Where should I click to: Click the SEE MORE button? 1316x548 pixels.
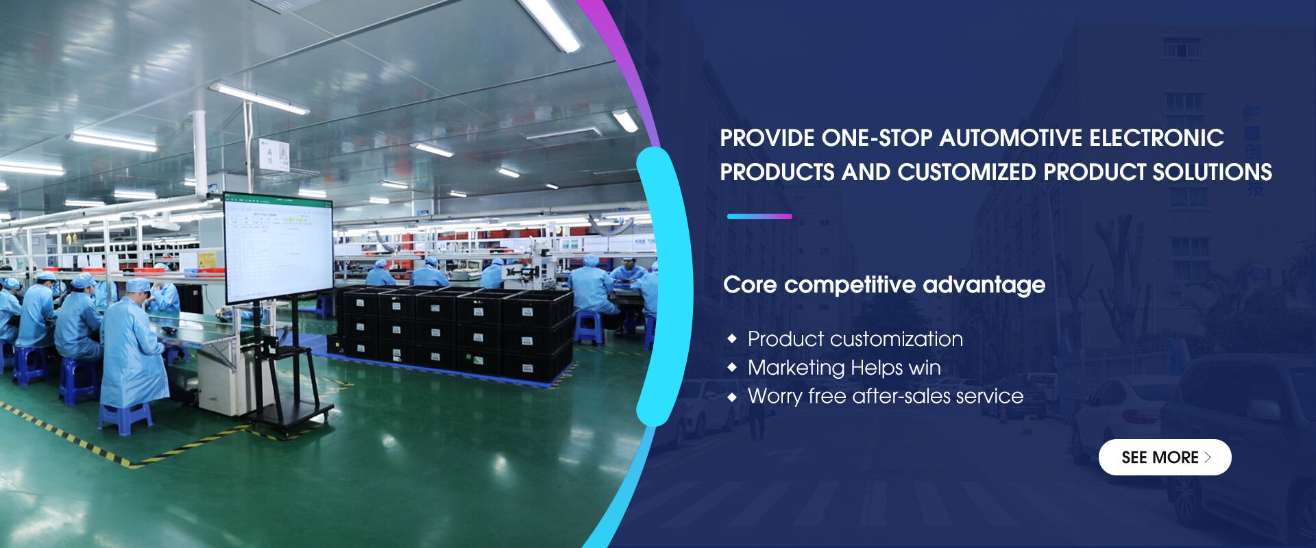pyautogui.click(x=1165, y=457)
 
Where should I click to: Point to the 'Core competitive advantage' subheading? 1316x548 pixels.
pyautogui.click(x=884, y=284)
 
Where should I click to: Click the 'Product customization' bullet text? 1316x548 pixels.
pyautogui.click(x=855, y=338)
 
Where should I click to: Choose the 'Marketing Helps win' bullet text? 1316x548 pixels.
pyautogui.click(x=844, y=368)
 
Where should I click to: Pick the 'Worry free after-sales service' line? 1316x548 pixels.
pyautogui.click(x=886, y=396)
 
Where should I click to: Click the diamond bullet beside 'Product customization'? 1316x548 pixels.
pyautogui.click(x=733, y=338)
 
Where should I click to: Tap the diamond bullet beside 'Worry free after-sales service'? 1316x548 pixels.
pyautogui.click(x=733, y=397)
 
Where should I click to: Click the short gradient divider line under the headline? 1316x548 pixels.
pyautogui.click(x=759, y=216)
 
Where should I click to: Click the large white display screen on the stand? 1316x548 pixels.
pyautogui.click(x=278, y=248)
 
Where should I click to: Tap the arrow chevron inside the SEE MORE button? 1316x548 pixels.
pyautogui.click(x=1208, y=458)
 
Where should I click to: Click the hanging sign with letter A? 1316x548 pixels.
pyautogui.click(x=273, y=154)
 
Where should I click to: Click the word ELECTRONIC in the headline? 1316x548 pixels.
pyautogui.click(x=1157, y=138)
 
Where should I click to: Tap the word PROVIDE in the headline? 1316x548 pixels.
pyautogui.click(x=767, y=138)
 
